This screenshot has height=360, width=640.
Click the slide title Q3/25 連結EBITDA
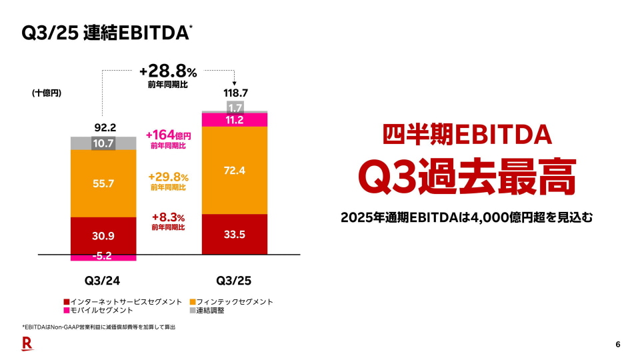coord(105,33)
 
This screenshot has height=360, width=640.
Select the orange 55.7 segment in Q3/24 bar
coord(103,183)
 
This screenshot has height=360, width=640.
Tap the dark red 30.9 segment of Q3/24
coord(103,236)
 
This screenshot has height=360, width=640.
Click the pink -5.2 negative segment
coord(103,257)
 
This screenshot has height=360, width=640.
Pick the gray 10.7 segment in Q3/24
coord(103,143)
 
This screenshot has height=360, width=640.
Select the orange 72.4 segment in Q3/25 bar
coord(235,171)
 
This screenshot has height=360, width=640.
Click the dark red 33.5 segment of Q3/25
coord(235,235)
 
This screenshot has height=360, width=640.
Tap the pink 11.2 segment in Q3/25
coord(235,120)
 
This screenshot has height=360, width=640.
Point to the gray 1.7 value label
coord(235,107)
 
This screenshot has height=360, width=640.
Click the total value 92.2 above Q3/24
coord(103,127)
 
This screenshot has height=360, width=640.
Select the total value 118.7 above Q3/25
coord(235,93)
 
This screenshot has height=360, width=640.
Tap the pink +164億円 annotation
coord(168,136)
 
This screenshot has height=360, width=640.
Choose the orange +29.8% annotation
coord(168,177)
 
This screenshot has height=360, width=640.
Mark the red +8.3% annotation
coord(168,217)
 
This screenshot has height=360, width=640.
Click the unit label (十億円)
coord(47,93)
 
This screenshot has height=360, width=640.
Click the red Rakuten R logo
coord(27,344)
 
